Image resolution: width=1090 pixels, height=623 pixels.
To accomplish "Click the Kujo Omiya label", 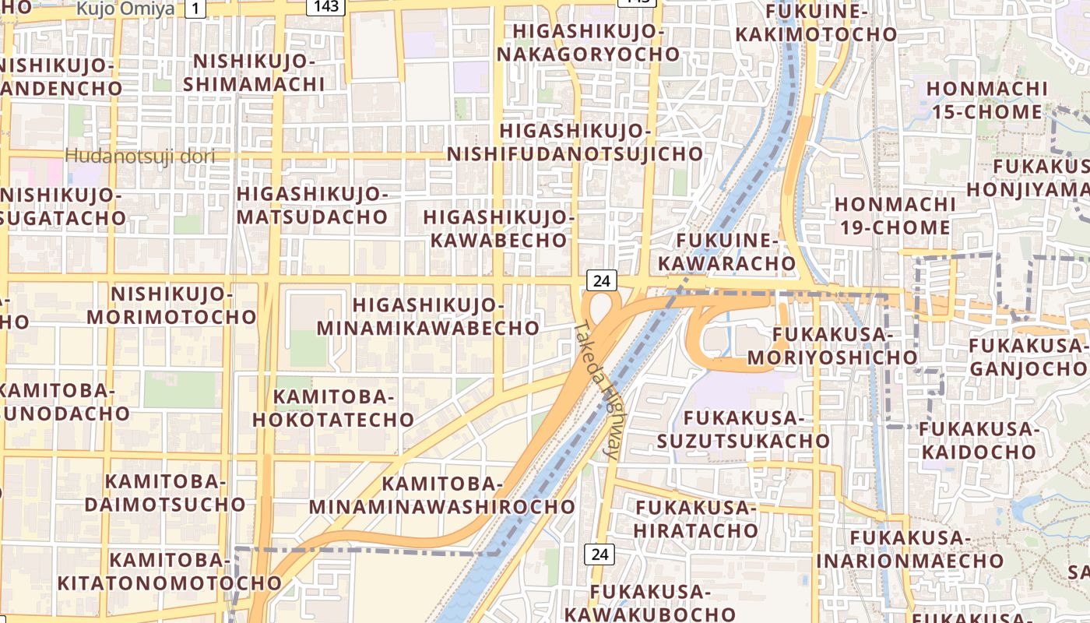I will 125,9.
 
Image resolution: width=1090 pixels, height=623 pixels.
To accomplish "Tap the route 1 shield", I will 195,9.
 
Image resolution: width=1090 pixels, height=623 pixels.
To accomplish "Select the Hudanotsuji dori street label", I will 139,156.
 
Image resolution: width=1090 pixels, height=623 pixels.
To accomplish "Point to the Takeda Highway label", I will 598,389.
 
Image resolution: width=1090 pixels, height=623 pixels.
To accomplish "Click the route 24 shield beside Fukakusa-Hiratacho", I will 599,554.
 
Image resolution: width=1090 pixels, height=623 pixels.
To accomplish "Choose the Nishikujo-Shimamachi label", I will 254,72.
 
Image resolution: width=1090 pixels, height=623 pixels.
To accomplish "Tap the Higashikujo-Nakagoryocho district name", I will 589,44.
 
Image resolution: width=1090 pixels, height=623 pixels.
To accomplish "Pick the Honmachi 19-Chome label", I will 893,216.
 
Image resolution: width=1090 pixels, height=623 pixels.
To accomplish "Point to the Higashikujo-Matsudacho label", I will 312,205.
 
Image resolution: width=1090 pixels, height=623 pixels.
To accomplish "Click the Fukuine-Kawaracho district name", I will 726,252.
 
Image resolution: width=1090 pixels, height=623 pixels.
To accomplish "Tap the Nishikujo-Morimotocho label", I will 171,305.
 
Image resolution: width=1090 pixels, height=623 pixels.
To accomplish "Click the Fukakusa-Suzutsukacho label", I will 744,430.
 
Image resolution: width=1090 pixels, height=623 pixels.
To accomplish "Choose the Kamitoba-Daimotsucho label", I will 165,492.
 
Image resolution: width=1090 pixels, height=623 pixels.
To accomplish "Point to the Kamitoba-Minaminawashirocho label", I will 442,495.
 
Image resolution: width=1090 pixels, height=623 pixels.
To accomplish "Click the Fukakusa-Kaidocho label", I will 978,441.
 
